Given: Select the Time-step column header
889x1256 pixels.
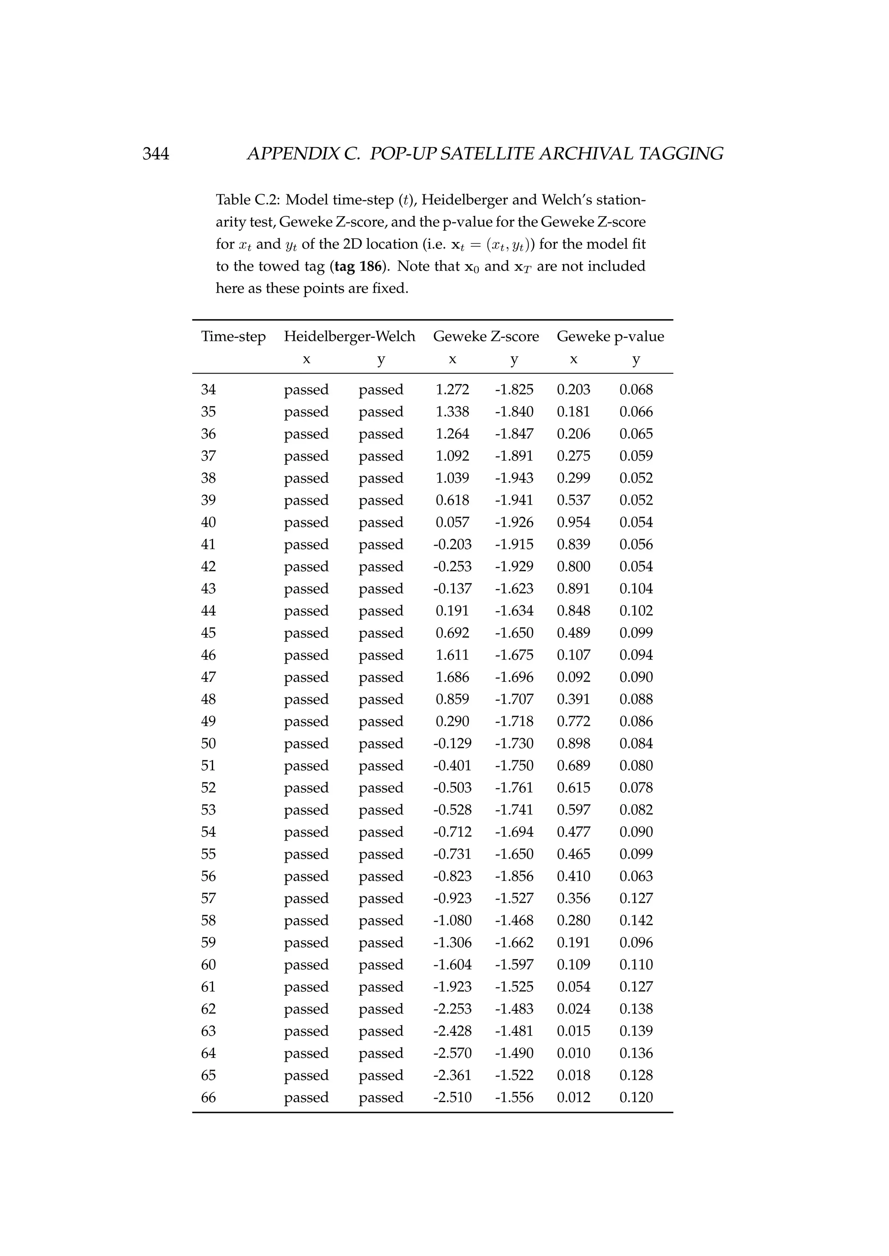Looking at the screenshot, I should pos(233,337).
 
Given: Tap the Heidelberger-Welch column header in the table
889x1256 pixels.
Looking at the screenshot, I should pos(349,337).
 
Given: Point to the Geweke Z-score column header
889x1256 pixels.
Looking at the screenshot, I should pos(486,337).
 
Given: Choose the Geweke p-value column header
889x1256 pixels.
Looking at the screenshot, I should pos(610,337).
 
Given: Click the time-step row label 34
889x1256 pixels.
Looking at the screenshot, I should pos(208,389).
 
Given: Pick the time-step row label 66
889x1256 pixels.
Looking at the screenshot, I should pos(208,1097).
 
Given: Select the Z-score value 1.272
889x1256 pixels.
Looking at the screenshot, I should pos(452,389).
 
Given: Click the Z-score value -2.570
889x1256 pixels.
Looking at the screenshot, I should pos(452,1053).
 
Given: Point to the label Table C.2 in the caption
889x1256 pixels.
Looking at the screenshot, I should pos(247,200).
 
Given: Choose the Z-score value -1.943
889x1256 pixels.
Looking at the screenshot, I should pos(514,478).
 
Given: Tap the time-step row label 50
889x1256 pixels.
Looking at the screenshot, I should pos(208,743).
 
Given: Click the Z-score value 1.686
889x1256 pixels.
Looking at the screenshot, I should pos(452,677).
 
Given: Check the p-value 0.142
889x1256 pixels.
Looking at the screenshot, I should pos(635,920).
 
